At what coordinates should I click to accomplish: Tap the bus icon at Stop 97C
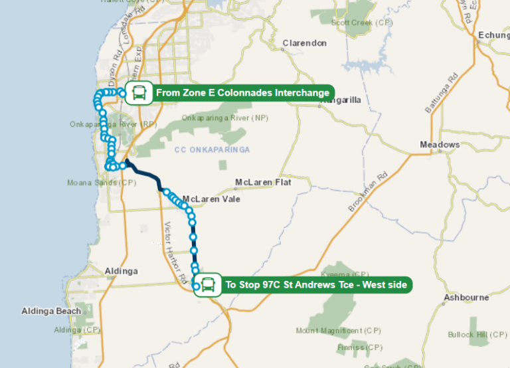click(x=208, y=285)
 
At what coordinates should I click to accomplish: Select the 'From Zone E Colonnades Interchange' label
click(x=242, y=93)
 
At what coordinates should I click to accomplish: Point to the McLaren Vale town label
click(x=211, y=199)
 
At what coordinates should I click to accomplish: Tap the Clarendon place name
click(x=305, y=43)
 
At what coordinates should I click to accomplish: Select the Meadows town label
click(x=440, y=145)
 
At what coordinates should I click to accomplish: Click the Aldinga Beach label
click(x=51, y=311)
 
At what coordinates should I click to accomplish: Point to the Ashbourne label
click(x=466, y=298)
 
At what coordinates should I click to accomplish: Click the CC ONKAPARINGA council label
click(x=212, y=150)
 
